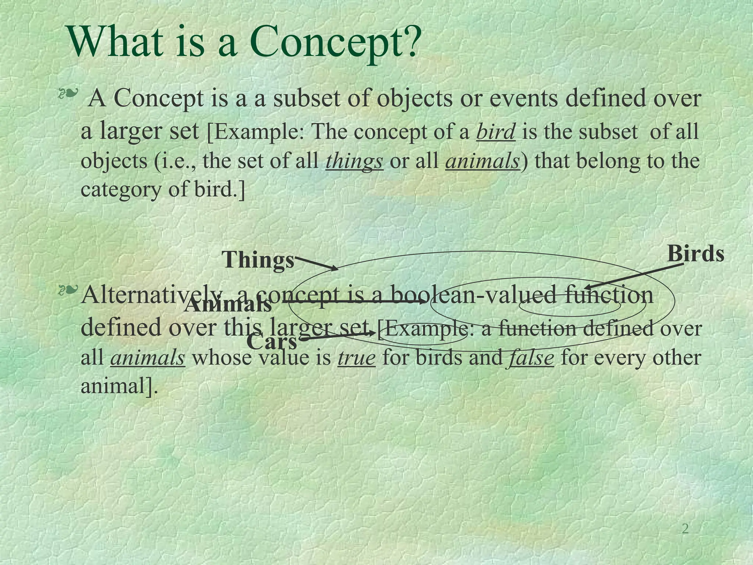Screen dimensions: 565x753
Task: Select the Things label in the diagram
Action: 258,260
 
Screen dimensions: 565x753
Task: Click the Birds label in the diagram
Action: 695,254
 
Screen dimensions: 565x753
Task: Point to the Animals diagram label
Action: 228,305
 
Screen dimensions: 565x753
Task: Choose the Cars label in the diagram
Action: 271,341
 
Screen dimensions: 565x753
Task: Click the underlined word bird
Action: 495,131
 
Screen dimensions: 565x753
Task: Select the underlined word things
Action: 354,161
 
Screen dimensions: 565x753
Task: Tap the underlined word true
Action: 356,358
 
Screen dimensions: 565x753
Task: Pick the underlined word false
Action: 531,358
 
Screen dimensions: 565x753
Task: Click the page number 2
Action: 685,529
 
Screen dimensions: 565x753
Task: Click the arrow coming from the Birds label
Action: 634,276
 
